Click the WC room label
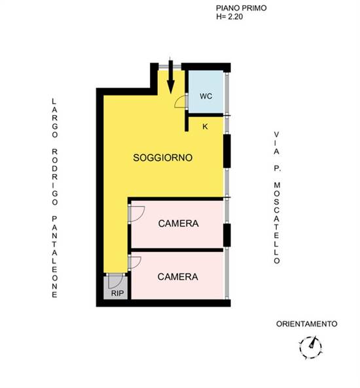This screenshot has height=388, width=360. [x=206, y=96]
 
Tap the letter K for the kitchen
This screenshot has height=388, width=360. [x=205, y=127]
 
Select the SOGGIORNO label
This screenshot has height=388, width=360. [x=163, y=158]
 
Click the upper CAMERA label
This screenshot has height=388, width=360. [x=178, y=224]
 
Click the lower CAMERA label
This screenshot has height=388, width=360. [x=178, y=277]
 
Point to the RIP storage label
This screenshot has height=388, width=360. [x=117, y=293]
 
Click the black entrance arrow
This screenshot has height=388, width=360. [x=171, y=77]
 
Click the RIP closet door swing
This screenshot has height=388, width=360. [x=116, y=281]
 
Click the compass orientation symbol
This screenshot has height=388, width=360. [x=311, y=347]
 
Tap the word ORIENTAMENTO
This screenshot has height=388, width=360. [x=306, y=324]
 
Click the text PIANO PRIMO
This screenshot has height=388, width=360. [x=241, y=8]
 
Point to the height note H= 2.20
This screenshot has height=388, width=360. [x=229, y=16]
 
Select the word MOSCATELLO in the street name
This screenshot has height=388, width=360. [x=277, y=223]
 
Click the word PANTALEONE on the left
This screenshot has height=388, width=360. [x=54, y=256]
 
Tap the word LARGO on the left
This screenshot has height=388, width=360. [x=54, y=118]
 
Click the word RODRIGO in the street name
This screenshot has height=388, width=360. [x=54, y=177]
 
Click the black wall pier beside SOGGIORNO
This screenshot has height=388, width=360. [x=227, y=151]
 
